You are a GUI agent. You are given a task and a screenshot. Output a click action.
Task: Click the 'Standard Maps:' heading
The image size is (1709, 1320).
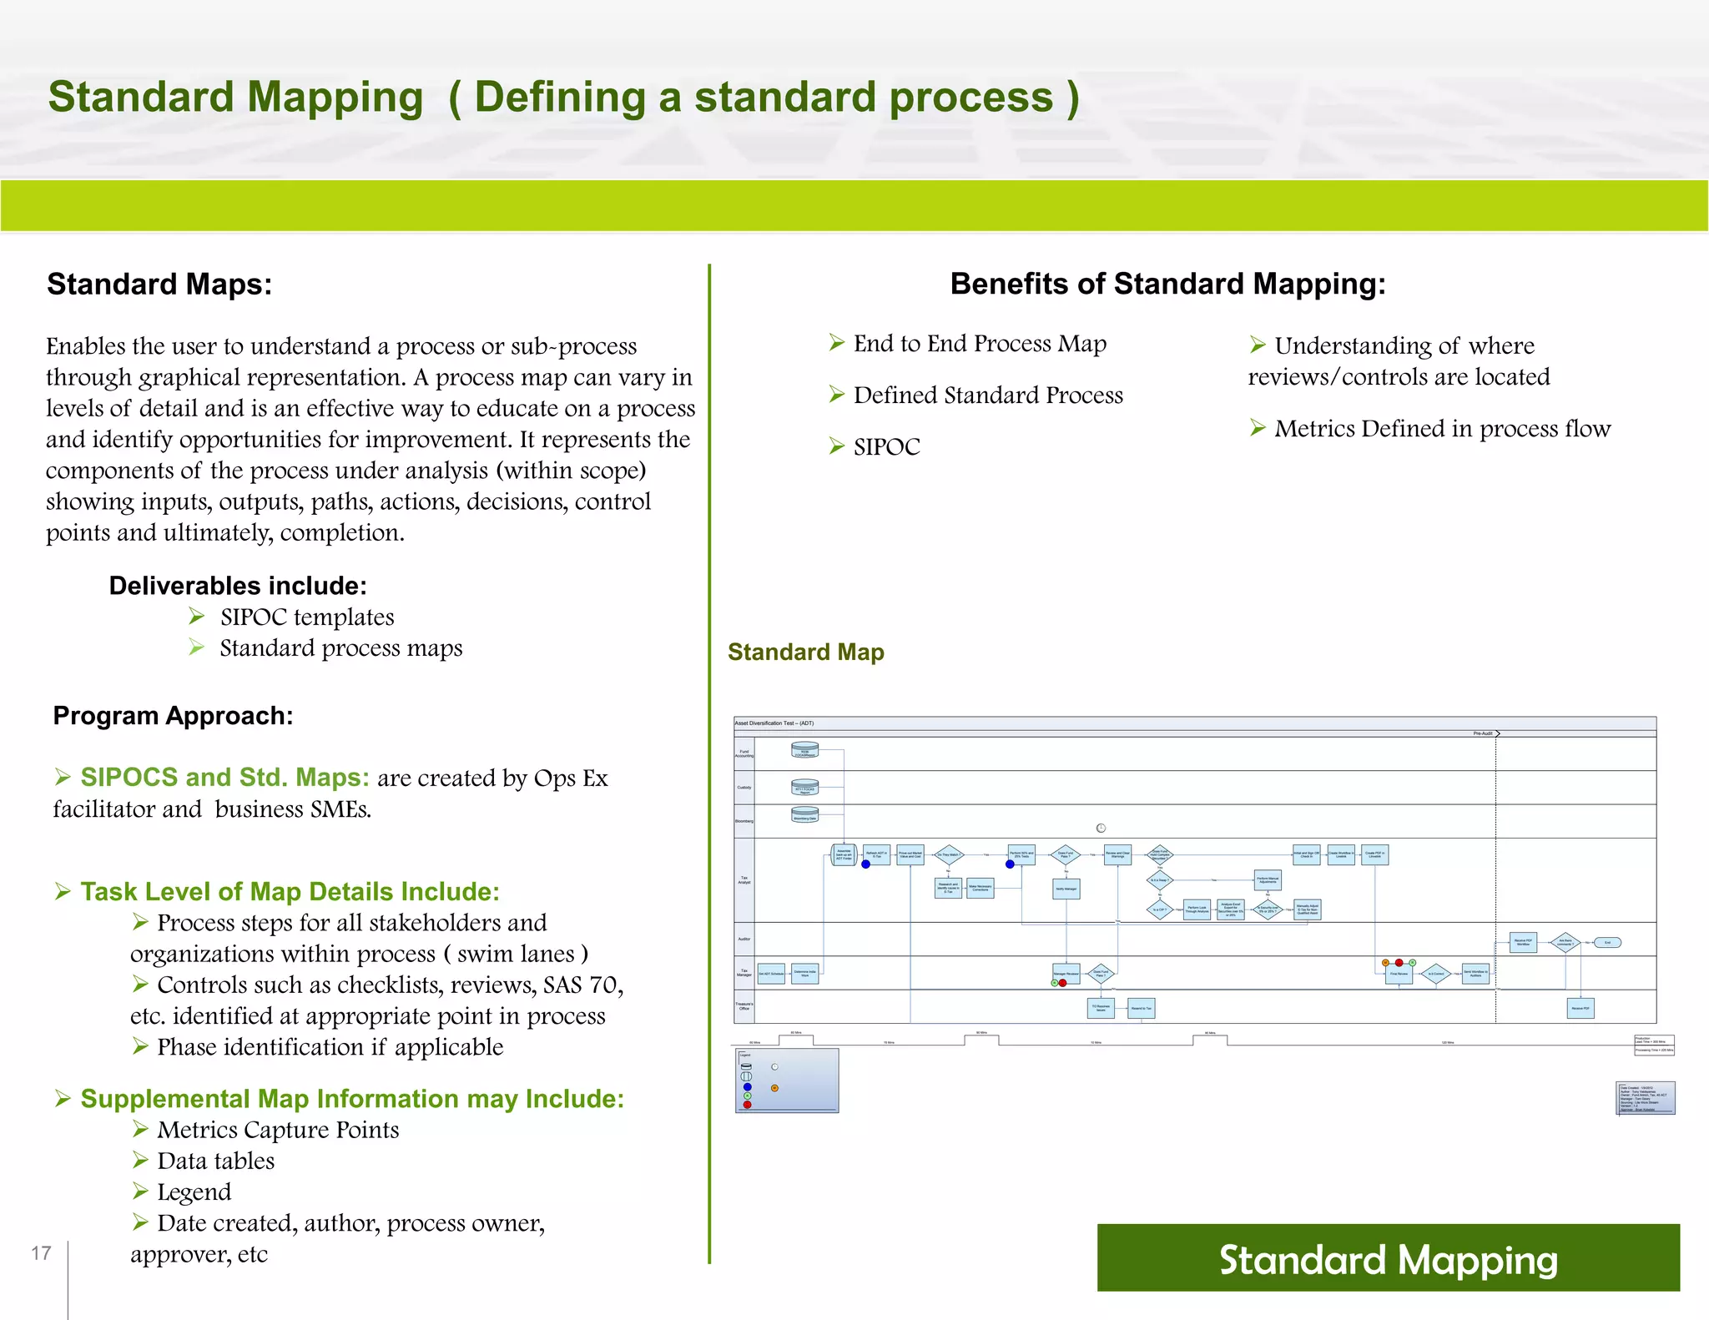pyautogui.click(x=159, y=285)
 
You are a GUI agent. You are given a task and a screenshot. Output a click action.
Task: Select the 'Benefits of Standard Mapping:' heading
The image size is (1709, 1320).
pyautogui.click(x=1167, y=284)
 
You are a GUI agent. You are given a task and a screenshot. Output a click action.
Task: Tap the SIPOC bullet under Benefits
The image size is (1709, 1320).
pyautogui.click(x=886, y=447)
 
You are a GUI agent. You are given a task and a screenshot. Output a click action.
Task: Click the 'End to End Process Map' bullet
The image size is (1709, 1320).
pyautogui.click(x=980, y=344)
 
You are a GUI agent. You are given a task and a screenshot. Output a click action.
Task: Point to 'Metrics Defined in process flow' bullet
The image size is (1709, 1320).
pyautogui.click(x=1442, y=429)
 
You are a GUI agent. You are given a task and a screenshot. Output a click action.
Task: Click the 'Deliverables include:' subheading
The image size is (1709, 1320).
pyautogui.click(x=238, y=586)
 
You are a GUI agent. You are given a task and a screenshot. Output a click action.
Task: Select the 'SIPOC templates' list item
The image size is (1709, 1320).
pyautogui.click(x=306, y=617)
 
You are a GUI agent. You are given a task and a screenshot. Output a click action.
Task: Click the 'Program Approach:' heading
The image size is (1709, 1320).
pyautogui.click(x=173, y=716)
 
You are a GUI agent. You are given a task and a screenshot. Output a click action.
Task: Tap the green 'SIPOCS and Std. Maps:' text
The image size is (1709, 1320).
pyautogui.click(x=224, y=778)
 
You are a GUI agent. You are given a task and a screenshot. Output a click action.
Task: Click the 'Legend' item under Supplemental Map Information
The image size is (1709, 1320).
pyautogui.click(x=194, y=1192)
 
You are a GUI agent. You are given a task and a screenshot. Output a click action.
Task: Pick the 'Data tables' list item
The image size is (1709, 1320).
pyautogui.click(x=215, y=1161)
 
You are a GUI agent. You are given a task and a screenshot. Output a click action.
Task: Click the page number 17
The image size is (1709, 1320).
pyautogui.click(x=41, y=1253)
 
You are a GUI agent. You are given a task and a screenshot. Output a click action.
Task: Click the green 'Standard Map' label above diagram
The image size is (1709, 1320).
pyautogui.click(x=805, y=652)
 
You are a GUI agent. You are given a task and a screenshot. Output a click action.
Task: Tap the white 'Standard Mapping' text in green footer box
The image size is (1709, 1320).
pyautogui.click(x=1388, y=1260)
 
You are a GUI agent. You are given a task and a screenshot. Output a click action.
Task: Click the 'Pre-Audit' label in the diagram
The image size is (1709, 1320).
pyautogui.click(x=1483, y=733)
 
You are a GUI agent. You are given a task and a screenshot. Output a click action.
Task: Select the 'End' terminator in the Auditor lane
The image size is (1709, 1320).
pyautogui.click(x=1607, y=943)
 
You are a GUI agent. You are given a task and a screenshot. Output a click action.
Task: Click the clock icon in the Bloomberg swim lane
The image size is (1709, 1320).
pyautogui.click(x=1101, y=828)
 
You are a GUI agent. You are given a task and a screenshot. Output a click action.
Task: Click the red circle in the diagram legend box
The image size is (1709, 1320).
pyautogui.click(x=747, y=1105)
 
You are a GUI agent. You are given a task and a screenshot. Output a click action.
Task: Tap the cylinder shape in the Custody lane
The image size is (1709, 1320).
pyautogui.click(x=805, y=788)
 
